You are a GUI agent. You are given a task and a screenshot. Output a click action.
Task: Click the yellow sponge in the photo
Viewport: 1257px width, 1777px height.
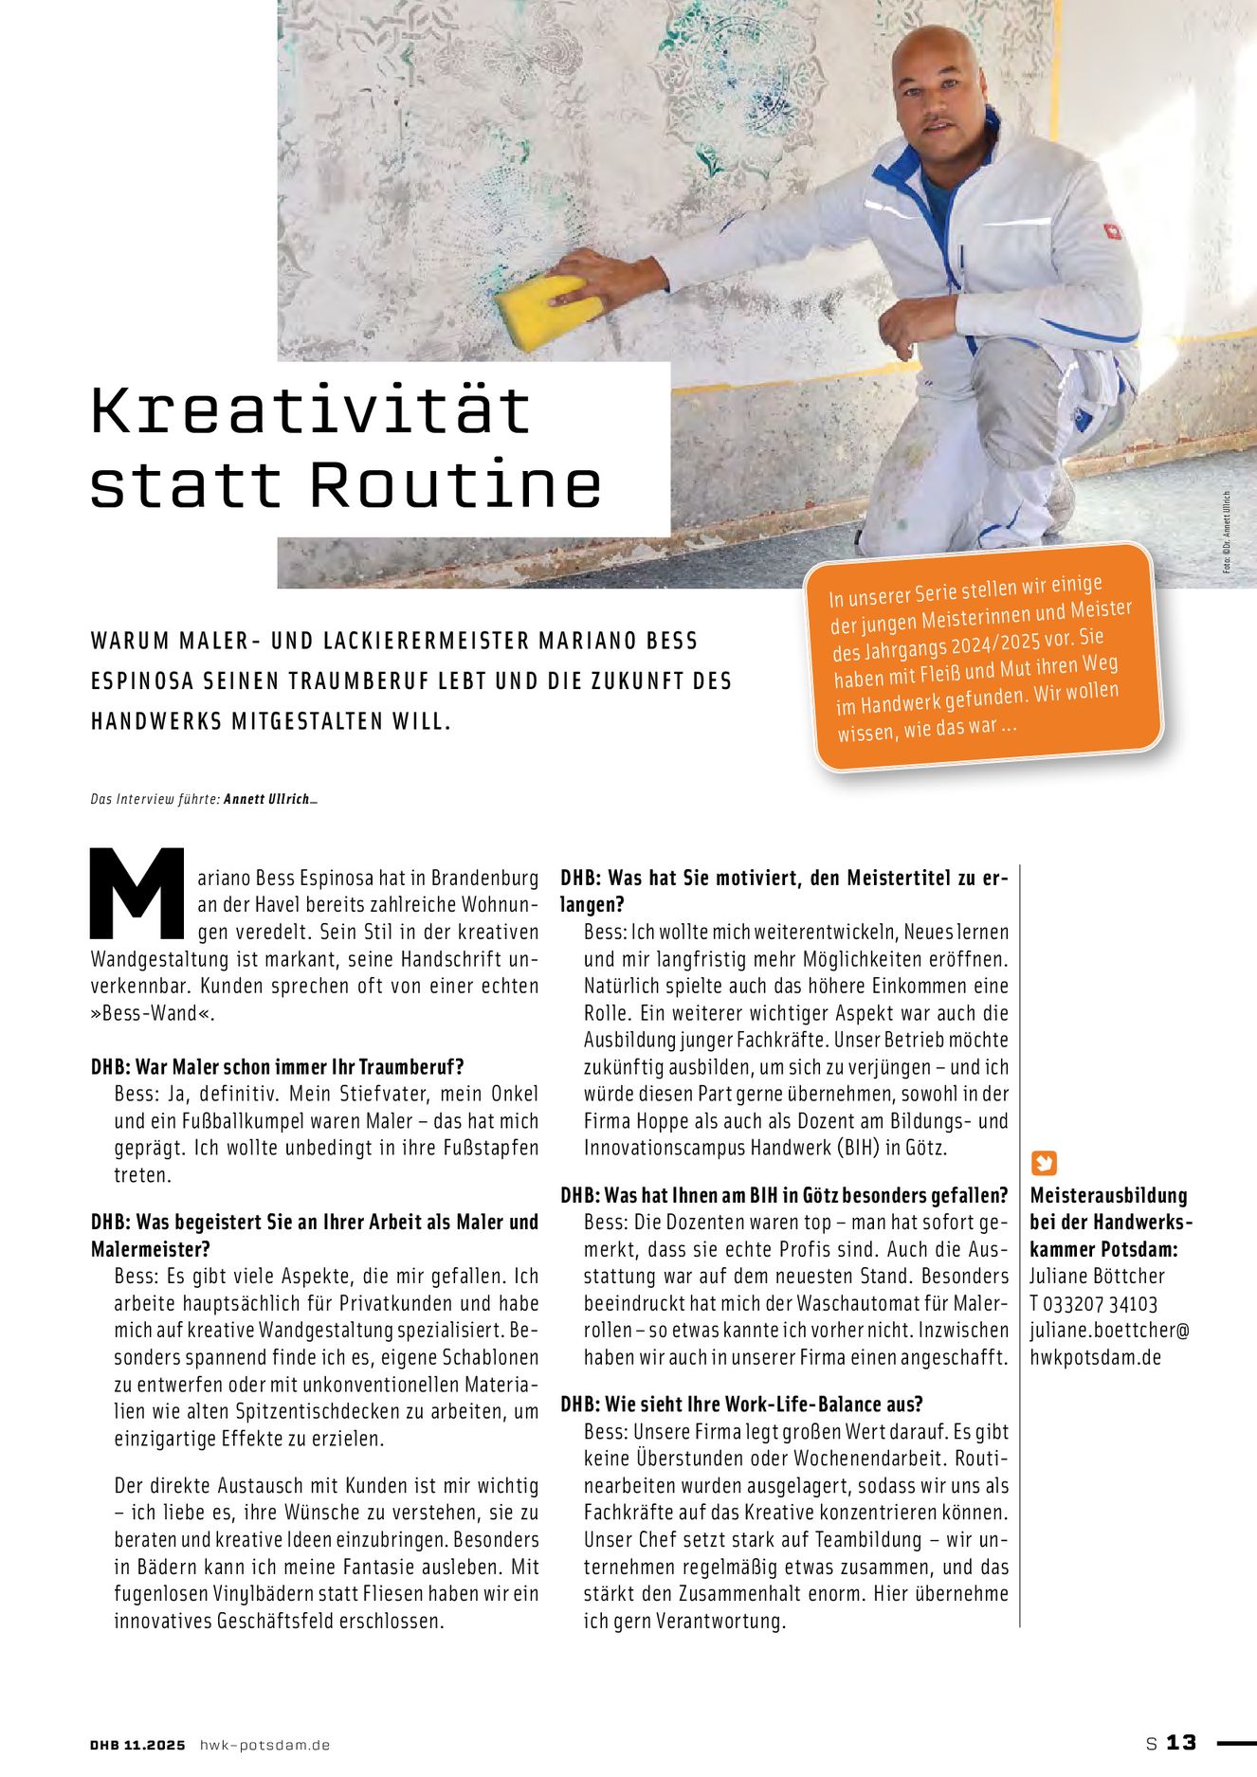[547, 310]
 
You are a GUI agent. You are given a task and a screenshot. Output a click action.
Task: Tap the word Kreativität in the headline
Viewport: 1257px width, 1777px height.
[310, 412]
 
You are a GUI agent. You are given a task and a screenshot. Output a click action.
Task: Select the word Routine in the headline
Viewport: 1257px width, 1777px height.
[455, 485]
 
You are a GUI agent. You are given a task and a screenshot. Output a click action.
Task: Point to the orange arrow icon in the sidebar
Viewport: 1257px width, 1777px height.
[1043, 1163]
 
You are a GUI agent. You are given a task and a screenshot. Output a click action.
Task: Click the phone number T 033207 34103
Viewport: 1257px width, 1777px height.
[1093, 1303]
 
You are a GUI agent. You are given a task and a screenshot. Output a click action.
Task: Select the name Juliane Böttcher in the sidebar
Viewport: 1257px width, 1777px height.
[1097, 1276]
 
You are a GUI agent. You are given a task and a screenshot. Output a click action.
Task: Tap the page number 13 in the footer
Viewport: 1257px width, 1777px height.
[1181, 1742]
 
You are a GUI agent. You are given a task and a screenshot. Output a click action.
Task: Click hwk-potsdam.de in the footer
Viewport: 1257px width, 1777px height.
[264, 1745]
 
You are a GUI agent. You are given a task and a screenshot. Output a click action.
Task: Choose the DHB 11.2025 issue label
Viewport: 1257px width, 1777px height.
[137, 1745]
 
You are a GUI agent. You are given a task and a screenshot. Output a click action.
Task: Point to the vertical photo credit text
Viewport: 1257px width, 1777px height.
[1227, 531]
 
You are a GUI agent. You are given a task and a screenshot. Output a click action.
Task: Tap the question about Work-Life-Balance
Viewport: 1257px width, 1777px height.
[741, 1404]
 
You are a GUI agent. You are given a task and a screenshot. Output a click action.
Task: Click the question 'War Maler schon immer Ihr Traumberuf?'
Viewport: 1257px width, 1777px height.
[277, 1066]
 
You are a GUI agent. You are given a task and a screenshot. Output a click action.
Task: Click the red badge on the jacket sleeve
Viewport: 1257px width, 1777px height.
[1112, 231]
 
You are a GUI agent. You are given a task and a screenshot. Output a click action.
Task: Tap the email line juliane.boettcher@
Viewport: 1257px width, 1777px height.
[1109, 1330]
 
